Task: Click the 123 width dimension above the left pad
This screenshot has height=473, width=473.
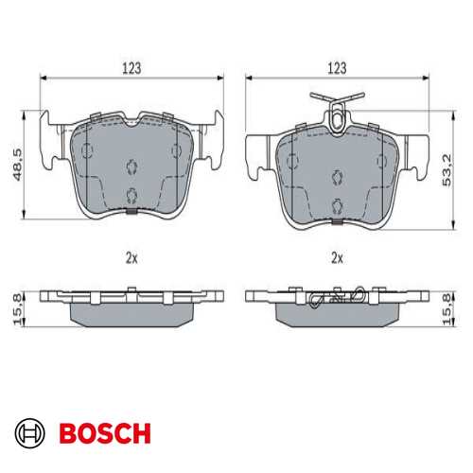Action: pyautogui.click(x=131, y=68)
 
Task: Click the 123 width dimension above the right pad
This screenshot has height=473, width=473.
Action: pyautogui.click(x=337, y=68)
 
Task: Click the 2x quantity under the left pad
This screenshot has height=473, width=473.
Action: pyautogui.click(x=131, y=257)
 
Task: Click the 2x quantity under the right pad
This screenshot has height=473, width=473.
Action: pyautogui.click(x=337, y=257)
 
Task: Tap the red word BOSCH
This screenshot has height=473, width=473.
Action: pyautogui.click(x=104, y=434)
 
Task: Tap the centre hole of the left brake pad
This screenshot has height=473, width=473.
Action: pyautogui.click(x=131, y=166)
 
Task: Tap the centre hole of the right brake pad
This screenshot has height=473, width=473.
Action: pyautogui.click(x=337, y=173)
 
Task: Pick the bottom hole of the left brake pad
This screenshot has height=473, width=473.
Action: pyautogui.click(x=131, y=196)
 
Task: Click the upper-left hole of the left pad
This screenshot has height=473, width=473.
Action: pyautogui.click(x=87, y=149)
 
